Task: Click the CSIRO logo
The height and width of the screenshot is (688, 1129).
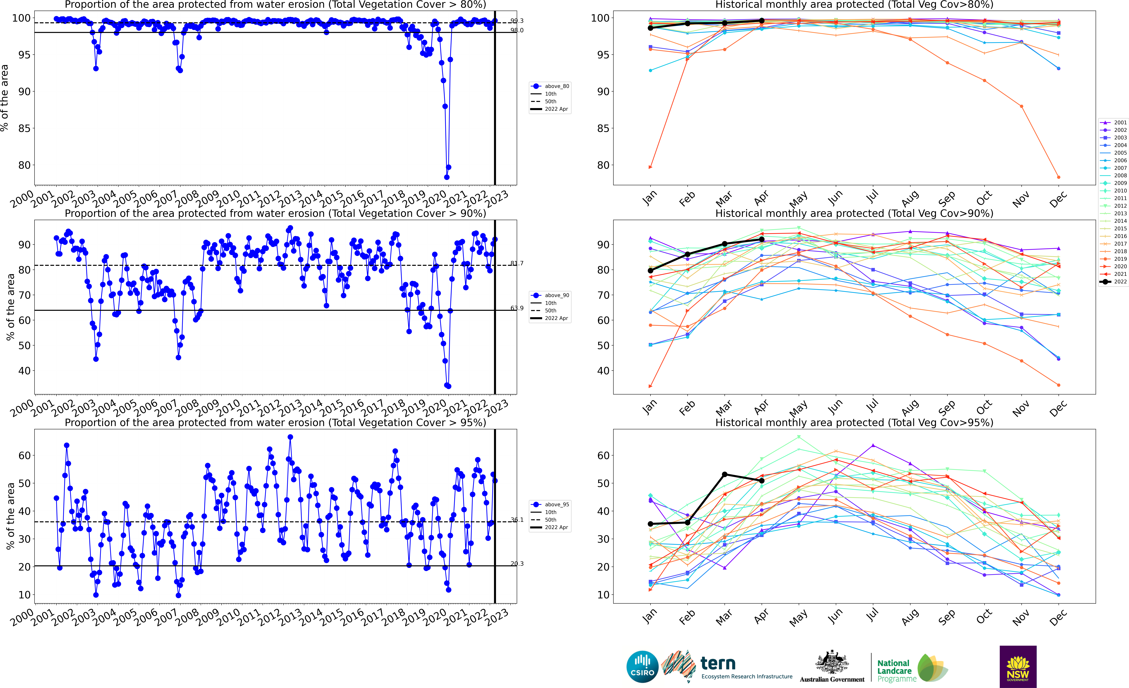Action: pos(642,666)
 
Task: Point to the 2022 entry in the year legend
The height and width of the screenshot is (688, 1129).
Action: pos(1113,282)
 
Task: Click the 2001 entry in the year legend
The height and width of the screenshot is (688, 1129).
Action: pos(1113,122)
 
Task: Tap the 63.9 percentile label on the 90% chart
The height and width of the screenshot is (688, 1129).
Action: pos(517,308)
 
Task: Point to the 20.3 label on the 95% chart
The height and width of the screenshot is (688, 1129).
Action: pos(517,564)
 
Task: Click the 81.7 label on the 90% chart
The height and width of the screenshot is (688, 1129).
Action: pos(517,263)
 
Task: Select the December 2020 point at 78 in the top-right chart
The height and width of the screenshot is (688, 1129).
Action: pos(1058,177)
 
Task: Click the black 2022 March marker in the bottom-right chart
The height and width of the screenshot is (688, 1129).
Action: pos(724,474)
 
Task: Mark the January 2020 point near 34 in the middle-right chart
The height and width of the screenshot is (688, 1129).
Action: pos(650,386)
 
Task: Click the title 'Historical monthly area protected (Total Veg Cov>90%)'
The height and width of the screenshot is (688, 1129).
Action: pos(854,213)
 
